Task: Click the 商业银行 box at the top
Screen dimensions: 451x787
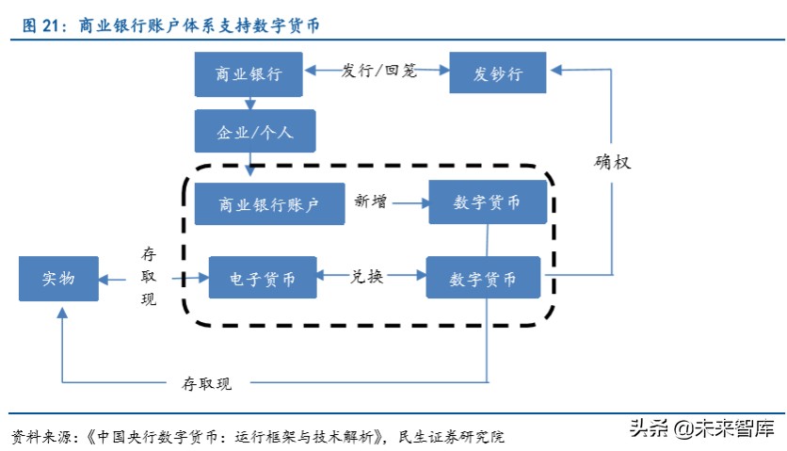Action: click(249, 74)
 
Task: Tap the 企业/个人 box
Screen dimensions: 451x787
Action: click(255, 132)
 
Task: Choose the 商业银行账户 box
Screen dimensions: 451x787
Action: click(269, 202)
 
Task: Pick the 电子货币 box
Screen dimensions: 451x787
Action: click(264, 279)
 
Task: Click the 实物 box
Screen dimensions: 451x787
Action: click(58, 279)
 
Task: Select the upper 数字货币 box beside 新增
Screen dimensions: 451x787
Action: click(488, 202)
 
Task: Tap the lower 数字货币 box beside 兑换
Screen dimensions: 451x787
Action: click(484, 279)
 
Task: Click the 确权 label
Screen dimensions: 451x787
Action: click(612, 162)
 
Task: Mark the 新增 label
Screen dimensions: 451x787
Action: click(370, 201)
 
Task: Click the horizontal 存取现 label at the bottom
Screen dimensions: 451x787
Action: click(206, 382)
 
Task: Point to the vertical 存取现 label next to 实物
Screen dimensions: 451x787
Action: click(149, 277)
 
